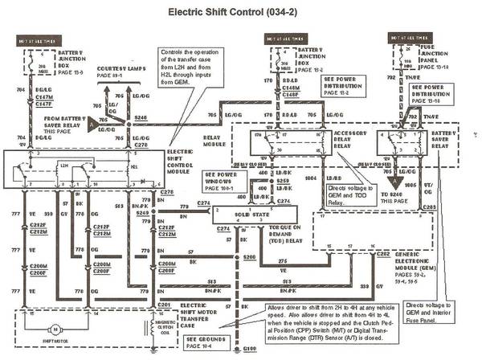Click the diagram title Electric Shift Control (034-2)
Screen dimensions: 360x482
pyautogui.click(x=240, y=13)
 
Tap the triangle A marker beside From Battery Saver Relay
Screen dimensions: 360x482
pyautogui.click(x=94, y=125)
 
